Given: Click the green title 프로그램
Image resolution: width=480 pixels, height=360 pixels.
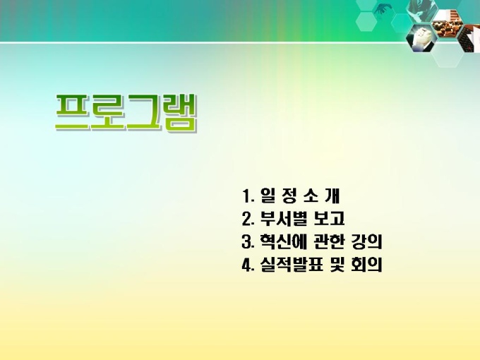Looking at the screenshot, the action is click(126, 113).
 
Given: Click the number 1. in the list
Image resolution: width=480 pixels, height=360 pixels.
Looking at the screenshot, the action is click(248, 196).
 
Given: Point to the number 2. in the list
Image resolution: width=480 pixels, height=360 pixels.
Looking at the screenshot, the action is click(248, 219).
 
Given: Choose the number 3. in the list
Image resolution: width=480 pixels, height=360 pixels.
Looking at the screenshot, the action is click(248, 241).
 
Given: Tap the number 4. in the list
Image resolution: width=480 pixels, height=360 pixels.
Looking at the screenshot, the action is click(248, 265).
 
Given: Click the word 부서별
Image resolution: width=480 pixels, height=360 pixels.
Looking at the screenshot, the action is click(284, 219).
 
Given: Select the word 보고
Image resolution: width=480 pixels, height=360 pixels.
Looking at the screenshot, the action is click(329, 219).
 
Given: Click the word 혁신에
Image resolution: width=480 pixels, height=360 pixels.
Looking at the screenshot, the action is click(284, 241).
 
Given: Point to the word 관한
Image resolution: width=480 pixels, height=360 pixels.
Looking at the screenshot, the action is click(329, 241).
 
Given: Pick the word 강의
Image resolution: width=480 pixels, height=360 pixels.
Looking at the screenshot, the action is click(366, 241).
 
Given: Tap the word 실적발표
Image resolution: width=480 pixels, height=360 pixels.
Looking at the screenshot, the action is click(292, 265).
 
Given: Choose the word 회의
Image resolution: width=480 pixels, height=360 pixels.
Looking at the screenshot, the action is click(367, 265).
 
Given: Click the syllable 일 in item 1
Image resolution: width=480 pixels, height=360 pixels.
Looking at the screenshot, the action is click(268, 196).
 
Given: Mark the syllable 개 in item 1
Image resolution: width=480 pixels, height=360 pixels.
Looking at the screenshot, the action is click(332, 196).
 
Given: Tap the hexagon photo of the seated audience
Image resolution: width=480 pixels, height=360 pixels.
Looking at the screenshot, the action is click(447, 24).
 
